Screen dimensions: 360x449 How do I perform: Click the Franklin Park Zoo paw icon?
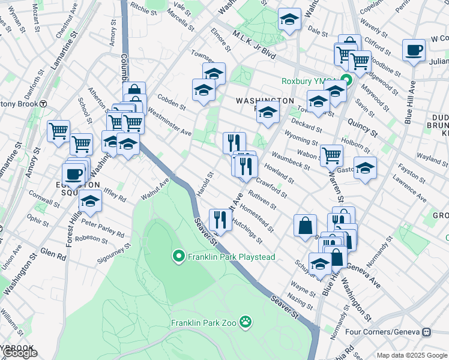pos(245,322)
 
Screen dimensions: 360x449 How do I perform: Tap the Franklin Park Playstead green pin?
pos(178,257)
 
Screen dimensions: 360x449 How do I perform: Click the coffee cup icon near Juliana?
pos(414,50)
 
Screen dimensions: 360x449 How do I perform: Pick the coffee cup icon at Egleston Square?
pos(73,174)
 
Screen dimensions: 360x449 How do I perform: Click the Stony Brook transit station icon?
pos(44,103)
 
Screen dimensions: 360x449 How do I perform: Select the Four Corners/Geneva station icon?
pos(427,331)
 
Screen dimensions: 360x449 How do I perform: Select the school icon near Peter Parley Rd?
pos(90,201)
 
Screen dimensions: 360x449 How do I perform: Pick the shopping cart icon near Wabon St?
pos(331,155)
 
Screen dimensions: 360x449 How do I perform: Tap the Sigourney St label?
pos(113,254)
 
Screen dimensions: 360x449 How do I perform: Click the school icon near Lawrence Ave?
pos(364,168)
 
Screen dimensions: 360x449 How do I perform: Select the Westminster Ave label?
pos(169,122)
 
